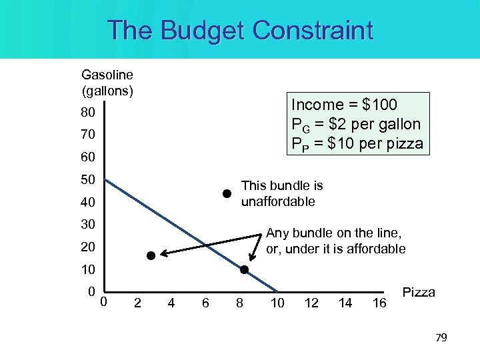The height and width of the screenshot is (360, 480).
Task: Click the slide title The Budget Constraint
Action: (x=240, y=31)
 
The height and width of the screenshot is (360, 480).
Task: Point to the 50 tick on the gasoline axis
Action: (x=89, y=180)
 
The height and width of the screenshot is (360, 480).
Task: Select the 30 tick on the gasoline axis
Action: (x=89, y=224)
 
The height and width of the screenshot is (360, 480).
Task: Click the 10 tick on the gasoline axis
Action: (x=89, y=270)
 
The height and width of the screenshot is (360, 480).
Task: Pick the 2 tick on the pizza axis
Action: (x=137, y=303)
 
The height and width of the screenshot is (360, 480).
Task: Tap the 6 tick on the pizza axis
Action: (x=205, y=303)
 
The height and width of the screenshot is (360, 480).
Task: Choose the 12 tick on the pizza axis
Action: (x=311, y=303)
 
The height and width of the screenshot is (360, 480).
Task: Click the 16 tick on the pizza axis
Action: (x=379, y=303)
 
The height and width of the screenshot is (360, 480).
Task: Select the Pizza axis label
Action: (x=419, y=293)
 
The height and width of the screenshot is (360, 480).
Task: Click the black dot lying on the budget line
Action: (x=244, y=269)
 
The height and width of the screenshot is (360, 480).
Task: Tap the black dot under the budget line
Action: (x=151, y=255)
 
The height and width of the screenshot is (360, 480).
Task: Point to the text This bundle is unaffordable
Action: (x=281, y=193)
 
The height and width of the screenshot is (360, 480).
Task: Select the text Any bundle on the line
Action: (x=333, y=233)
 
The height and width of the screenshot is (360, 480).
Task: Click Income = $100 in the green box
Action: (x=344, y=105)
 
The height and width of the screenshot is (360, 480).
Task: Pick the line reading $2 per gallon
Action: (x=356, y=124)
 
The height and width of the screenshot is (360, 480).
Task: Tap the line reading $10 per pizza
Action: (x=357, y=143)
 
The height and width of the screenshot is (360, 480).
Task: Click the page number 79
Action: (x=441, y=338)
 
